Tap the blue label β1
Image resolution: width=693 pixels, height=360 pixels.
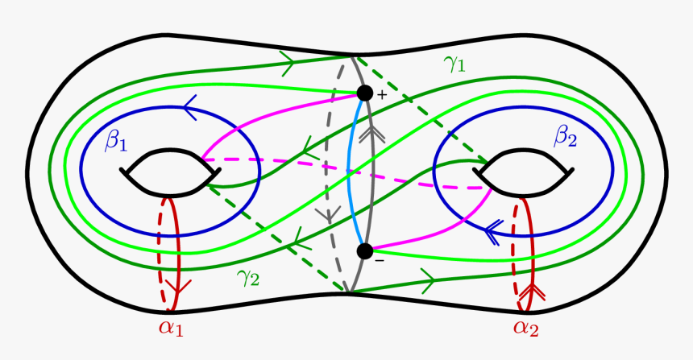[x=115, y=143]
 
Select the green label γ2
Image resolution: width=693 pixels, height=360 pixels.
[x=248, y=278]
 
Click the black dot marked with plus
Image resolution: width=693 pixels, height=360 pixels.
[x=364, y=93]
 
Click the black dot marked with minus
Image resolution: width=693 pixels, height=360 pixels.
[x=364, y=251]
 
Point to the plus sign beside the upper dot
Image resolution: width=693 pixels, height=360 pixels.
[x=382, y=95]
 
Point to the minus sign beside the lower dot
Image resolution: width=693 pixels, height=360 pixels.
[x=380, y=262]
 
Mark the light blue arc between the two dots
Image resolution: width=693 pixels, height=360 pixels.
[x=348, y=172]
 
